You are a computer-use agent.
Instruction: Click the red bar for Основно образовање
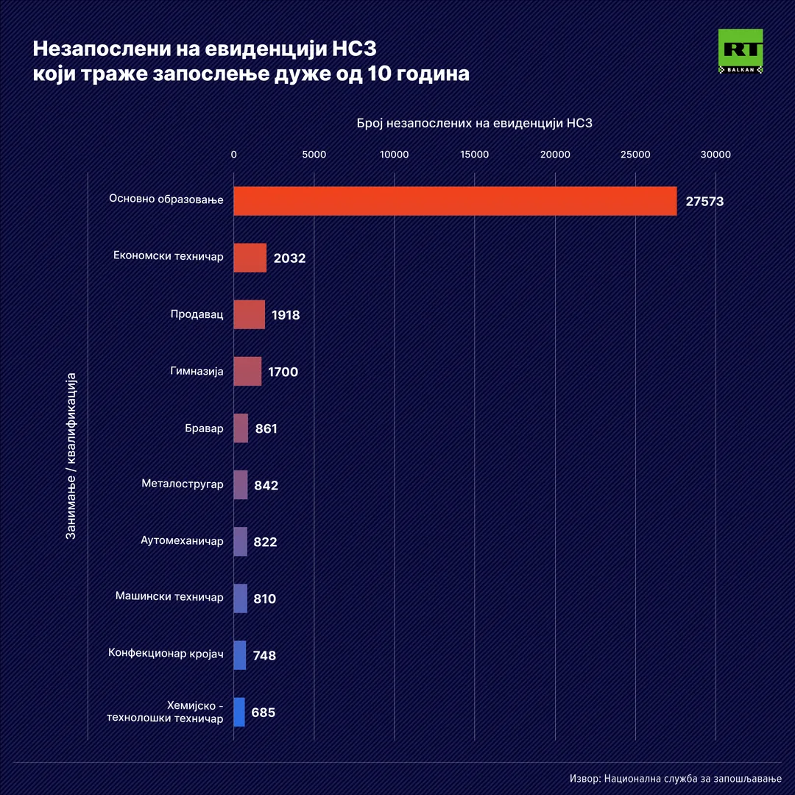coord(455,201)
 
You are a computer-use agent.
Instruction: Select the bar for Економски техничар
coord(250,258)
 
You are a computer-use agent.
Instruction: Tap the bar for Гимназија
coord(247,371)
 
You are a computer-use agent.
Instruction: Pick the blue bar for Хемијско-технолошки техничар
coord(239,712)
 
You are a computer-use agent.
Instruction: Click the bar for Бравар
coord(241,428)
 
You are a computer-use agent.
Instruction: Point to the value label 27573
coord(704,202)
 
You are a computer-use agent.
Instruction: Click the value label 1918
coord(286,315)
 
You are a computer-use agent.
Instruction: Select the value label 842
coord(266,485)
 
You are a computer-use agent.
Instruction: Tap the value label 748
coord(264,655)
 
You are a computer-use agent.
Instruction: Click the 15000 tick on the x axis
coord(475,155)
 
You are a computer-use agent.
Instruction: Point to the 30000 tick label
coord(715,155)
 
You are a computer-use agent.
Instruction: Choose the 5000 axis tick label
coord(314,155)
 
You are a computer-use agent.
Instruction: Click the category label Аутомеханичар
coord(182,541)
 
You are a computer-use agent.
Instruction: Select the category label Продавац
coord(197,314)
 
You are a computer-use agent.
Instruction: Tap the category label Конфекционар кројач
coord(166,654)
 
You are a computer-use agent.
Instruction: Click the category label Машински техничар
coord(169,597)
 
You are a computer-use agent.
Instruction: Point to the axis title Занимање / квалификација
coord(71,456)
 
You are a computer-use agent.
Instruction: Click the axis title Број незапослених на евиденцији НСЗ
coord(474,124)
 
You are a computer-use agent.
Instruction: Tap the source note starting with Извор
coord(675,779)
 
